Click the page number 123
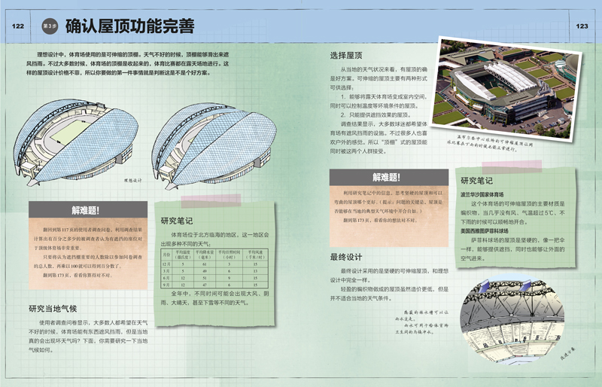coord(581,26)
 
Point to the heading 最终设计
coord(346,257)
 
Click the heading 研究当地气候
coord(53,308)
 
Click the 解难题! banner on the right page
coord(386,178)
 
